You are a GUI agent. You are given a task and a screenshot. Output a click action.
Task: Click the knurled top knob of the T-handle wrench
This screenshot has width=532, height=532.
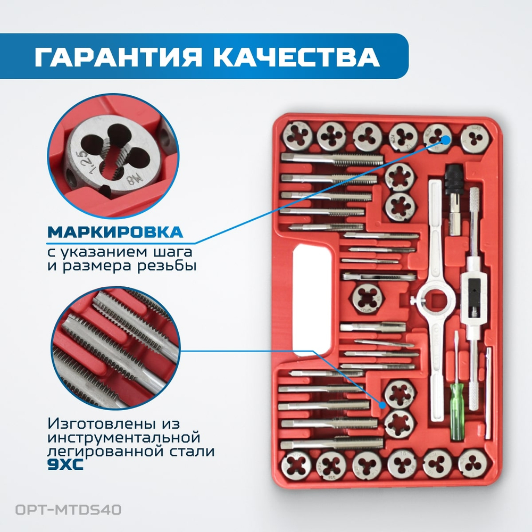pos(476,203)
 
